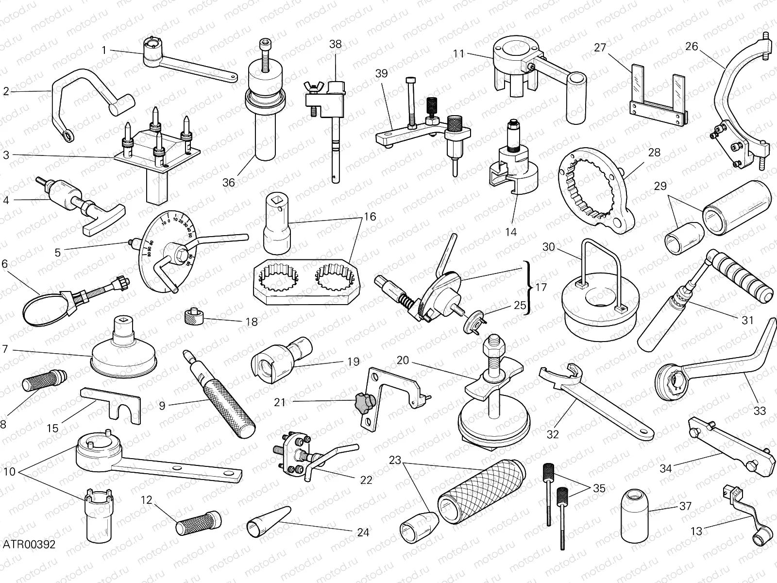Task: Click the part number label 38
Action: pyautogui.click(x=335, y=44)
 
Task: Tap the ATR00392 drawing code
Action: pyautogui.click(x=28, y=544)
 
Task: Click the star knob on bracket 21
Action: pyautogui.click(x=364, y=401)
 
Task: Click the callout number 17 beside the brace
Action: pyautogui.click(x=541, y=287)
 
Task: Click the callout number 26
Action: pyautogui.click(x=691, y=47)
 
